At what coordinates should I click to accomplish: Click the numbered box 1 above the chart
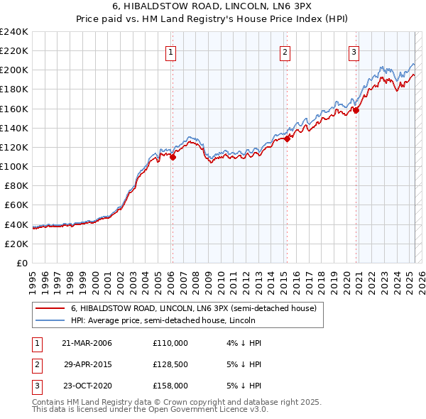coord(172,51)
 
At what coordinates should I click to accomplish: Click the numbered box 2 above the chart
coord(284,51)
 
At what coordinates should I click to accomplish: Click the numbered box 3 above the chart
coord(354,51)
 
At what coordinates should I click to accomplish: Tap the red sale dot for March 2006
coord(173,158)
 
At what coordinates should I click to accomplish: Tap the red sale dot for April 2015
coord(287,139)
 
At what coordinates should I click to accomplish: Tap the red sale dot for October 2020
coord(356,110)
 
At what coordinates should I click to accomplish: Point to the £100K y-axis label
coord(14,166)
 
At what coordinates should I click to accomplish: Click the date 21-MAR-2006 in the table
coord(87,342)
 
